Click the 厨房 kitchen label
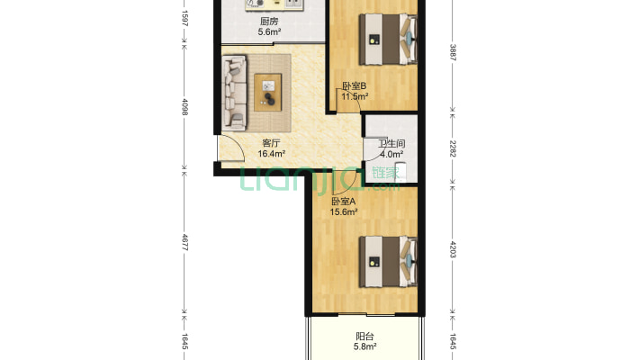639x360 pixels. point(269,22)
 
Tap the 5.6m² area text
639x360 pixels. point(269,31)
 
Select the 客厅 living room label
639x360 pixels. point(271,143)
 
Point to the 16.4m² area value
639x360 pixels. point(272,154)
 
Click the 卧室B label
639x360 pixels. point(354,86)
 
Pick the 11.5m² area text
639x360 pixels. point(355,96)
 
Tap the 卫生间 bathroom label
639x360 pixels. point(391,143)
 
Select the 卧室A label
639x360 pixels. point(344,202)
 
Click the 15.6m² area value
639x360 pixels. point(344,212)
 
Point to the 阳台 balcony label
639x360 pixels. point(364,337)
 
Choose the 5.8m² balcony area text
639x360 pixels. point(364,347)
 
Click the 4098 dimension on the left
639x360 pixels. point(184,107)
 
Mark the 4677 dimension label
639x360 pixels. point(184,242)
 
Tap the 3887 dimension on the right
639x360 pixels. point(453,52)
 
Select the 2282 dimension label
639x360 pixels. point(453,148)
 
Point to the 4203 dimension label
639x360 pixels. point(453,249)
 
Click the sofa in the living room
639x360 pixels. point(234,94)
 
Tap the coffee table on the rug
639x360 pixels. point(267,93)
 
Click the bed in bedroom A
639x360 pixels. point(388,262)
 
